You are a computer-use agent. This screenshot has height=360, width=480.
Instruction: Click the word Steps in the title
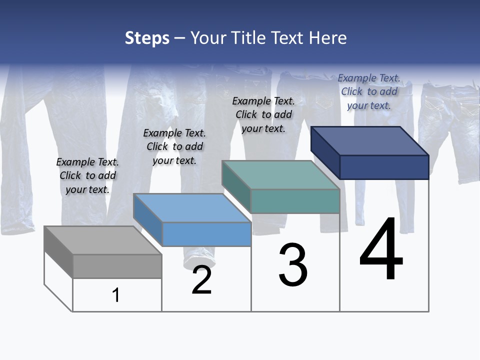(147, 38)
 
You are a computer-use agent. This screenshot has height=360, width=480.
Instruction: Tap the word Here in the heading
(327, 38)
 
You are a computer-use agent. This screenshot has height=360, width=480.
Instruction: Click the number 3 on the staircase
(292, 265)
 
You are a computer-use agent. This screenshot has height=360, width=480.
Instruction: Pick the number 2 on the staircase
(201, 280)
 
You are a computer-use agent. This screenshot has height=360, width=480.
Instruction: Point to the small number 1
(116, 295)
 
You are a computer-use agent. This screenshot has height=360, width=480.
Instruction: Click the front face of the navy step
(384, 167)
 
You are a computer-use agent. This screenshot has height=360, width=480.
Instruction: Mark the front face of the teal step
(295, 201)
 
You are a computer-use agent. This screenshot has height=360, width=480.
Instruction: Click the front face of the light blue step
(206, 234)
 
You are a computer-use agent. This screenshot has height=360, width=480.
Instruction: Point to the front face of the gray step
(117, 266)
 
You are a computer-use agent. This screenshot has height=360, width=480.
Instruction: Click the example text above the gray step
(87, 175)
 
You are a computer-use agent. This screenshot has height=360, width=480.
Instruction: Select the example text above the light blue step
(174, 146)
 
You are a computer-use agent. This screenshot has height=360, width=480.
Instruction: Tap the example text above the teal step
(263, 114)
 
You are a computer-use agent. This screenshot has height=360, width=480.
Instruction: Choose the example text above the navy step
(369, 91)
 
